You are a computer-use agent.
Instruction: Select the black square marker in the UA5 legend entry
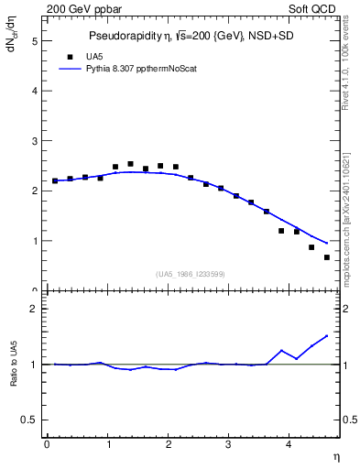70,56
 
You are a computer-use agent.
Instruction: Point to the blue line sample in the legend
71,68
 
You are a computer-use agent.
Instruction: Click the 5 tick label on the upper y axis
34,41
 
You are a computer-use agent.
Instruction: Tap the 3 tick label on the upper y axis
34,141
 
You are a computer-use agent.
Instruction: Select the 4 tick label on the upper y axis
34,92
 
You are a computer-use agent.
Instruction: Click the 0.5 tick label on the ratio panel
30,420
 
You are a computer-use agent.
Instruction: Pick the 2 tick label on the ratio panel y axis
34,309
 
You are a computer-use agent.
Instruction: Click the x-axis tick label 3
229,445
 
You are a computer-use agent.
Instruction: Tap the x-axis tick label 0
46,445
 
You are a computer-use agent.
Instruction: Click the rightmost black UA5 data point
327,257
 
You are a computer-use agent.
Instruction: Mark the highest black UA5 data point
130,164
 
